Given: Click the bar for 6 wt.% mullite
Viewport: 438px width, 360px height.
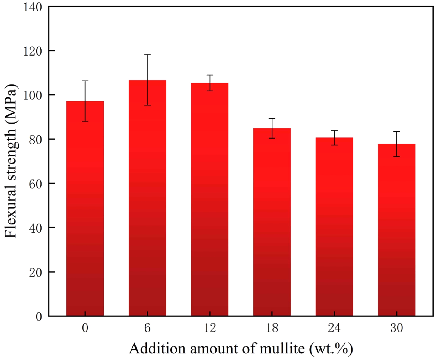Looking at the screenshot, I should (147, 198).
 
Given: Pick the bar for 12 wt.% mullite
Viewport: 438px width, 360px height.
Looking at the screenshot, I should (210, 199).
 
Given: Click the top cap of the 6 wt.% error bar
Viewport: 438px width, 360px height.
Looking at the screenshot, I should (147, 55).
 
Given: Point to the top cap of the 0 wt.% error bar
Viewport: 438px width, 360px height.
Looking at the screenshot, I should (85, 81).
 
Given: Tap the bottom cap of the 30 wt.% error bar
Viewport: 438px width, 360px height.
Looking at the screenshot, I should (396, 156).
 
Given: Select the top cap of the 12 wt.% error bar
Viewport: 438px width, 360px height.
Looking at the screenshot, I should (210, 75).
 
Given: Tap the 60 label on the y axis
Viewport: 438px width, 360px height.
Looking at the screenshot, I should (36, 184).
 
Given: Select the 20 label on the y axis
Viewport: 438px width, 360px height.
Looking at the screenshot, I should (36, 272).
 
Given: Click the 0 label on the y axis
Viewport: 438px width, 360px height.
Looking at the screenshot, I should (39, 316).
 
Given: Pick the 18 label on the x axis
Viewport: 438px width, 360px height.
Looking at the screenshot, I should (272, 328).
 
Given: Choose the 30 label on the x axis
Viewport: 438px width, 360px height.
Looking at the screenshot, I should (396, 328).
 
